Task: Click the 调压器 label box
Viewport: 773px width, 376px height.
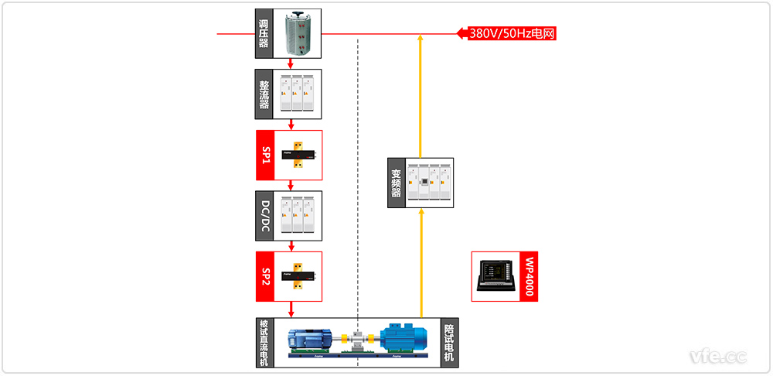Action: tap(264, 34)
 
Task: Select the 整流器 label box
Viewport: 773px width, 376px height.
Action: tap(264, 94)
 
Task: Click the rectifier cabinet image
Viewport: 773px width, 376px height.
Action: tap(298, 94)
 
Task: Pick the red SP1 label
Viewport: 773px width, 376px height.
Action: tap(264, 155)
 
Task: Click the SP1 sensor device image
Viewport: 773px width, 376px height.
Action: tap(298, 155)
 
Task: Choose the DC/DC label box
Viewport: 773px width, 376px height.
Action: tap(264, 215)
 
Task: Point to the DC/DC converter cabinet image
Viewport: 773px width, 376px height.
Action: tap(298, 215)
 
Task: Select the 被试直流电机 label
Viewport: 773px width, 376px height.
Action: tap(264, 342)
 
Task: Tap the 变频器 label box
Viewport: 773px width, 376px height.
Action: tap(396, 183)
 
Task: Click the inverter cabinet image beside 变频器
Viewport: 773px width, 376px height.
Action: tap(430, 183)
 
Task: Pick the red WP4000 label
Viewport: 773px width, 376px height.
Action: tap(529, 276)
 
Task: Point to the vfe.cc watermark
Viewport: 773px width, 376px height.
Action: tap(718, 357)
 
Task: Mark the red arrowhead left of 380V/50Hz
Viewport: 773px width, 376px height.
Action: tap(461, 33)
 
